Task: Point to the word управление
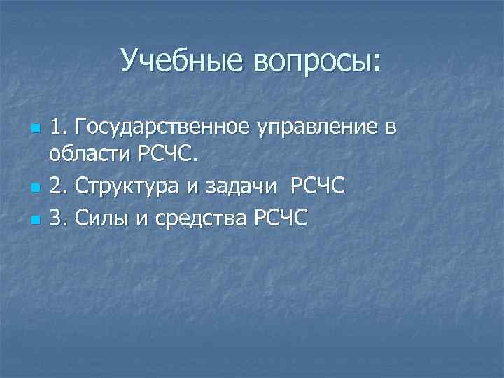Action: pos(322,129)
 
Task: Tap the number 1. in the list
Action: pos(58,129)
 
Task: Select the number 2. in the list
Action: pos(58,188)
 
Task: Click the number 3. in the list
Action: pos(58,218)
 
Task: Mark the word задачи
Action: pos(240,188)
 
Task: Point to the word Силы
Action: pos(99,218)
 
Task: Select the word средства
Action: pos(198,218)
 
